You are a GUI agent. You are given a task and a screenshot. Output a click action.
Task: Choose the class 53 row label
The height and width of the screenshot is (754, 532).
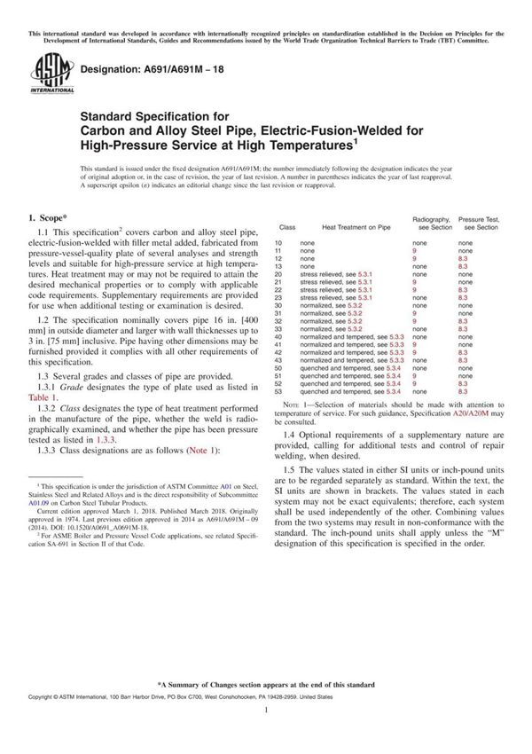[x=278, y=391]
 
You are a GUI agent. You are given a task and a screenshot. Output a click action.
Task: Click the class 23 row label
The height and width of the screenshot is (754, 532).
[x=278, y=297]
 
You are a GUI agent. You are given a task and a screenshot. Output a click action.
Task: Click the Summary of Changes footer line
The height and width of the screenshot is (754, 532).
[x=266, y=686]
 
